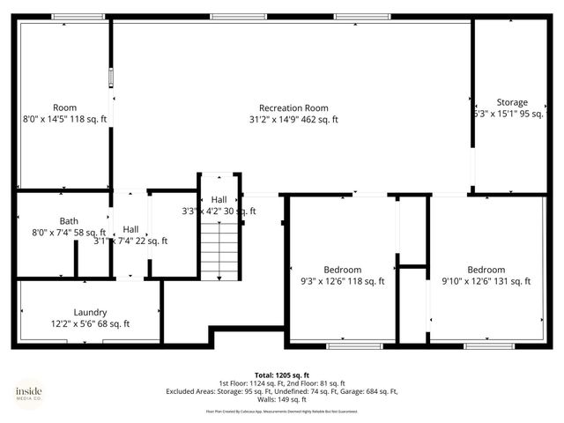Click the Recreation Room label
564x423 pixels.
click(x=293, y=108)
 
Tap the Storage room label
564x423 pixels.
click(x=512, y=102)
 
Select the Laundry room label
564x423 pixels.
click(x=90, y=312)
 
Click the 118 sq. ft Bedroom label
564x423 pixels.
click(x=342, y=270)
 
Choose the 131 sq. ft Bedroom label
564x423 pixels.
click(x=486, y=270)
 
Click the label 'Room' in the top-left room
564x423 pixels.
click(x=64, y=108)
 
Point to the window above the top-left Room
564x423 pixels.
click(x=65, y=16)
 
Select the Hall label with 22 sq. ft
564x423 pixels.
click(x=130, y=229)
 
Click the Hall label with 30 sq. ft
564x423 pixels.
click(x=219, y=200)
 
